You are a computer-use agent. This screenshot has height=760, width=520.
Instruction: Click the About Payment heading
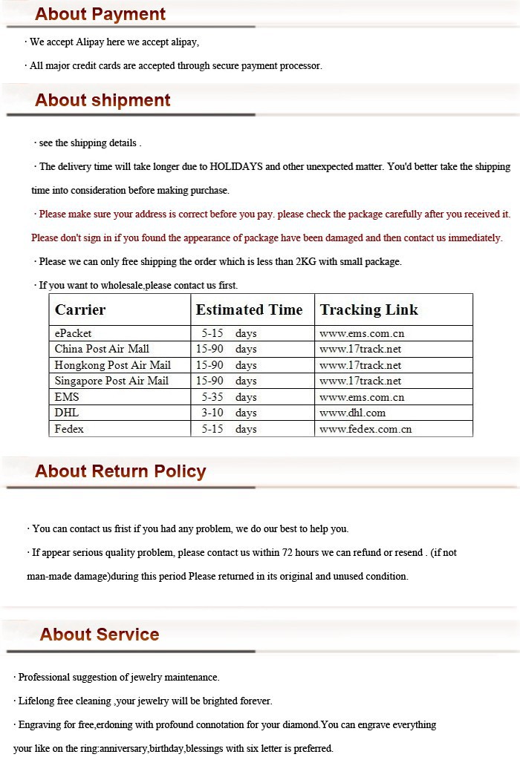tap(100, 14)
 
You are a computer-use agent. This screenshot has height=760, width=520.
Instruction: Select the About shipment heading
tap(103, 100)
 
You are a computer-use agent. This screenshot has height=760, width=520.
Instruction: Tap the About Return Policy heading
tap(120, 471)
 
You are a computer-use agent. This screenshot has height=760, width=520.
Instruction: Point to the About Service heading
tap(100, 635)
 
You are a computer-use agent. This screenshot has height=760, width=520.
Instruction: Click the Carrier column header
tap(80, 309)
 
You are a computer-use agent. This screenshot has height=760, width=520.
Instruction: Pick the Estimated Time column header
tap(249, 309)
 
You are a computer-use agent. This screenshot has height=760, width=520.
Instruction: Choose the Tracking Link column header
tap(369, 309)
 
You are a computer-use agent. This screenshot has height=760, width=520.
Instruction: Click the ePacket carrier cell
tap(73, 333)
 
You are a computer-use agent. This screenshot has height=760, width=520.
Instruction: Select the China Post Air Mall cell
tap(102, 349)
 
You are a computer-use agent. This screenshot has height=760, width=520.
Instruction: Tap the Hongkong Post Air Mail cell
tap(112, 365)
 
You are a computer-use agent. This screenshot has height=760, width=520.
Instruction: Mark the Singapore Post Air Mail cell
tap(111, 381)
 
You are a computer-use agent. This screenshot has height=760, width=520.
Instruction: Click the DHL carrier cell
tap(66, 413)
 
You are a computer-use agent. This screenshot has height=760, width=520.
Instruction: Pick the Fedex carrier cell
tap(69, 429)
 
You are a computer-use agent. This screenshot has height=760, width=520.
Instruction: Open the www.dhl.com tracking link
tap(352, 413)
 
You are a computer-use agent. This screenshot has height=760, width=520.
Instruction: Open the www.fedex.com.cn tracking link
tap(365, 429)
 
